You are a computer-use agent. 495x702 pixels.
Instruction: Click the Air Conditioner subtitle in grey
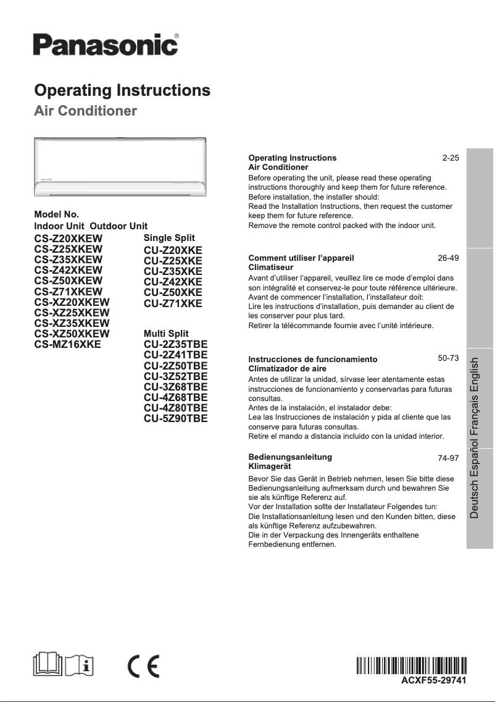point(85,112)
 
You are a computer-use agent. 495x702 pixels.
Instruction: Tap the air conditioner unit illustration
point(120,166)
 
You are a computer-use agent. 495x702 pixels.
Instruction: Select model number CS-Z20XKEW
point(68,239)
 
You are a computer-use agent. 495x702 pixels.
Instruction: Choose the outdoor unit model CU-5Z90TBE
point(175,418)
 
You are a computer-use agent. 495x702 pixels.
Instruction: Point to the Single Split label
point(169,238)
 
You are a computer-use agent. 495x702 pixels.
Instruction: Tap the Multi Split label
point(166,334)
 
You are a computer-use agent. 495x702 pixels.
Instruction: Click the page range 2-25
point(451,158)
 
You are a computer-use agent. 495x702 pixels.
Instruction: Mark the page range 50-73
point(448,358)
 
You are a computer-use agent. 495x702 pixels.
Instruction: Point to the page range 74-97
point(448,459)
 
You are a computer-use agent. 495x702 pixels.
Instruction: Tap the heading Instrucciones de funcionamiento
point(312,359)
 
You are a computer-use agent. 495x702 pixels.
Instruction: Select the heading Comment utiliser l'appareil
point(301,258)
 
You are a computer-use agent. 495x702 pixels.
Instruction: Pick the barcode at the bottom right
point(412,666)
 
